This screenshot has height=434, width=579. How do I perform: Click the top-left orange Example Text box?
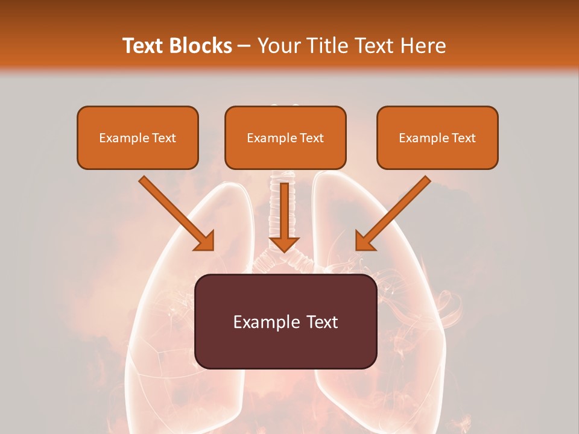tap(138, 137)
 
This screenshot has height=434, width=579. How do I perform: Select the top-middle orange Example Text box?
tap(285, 137)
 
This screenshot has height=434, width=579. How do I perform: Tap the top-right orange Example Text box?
tap(437, 137)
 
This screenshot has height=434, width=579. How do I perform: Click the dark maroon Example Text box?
tap(285, 321)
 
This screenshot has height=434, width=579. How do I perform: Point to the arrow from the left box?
tap(176, 213)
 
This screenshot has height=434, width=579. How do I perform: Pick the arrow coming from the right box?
tap(393, 213)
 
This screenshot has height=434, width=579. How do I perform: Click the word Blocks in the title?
tap(200, 46)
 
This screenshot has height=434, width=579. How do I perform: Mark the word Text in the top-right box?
tap(463, 138)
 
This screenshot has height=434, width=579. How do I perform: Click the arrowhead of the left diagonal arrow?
tap(205, 241)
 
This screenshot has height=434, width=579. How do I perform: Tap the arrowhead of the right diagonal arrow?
tap(364, 241)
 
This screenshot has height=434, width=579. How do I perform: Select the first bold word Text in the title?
tap(144, 46)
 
